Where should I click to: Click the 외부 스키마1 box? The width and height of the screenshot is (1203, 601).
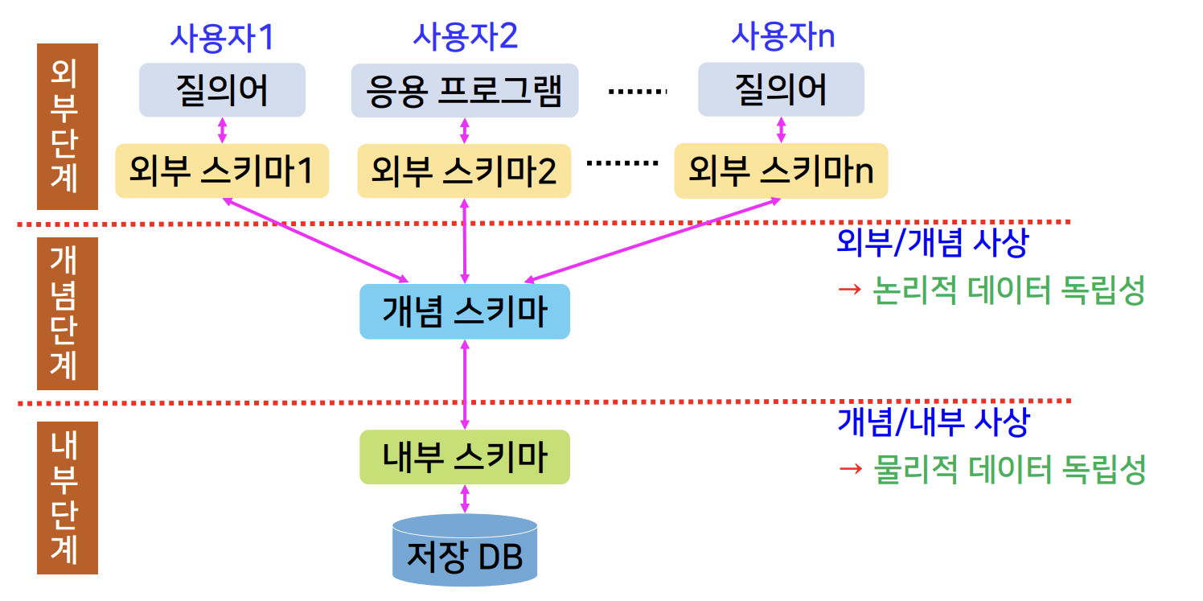point(222,171)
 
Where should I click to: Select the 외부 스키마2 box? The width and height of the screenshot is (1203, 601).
point(464,171)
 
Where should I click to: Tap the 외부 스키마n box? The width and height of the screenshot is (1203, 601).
point(781,171)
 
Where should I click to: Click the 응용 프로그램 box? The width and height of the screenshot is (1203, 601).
point(464,90)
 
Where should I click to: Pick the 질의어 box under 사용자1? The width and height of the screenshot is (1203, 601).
point(222,90)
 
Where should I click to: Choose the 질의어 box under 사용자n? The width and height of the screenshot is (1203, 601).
point(781,90)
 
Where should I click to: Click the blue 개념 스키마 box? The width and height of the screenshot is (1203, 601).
point(464,311)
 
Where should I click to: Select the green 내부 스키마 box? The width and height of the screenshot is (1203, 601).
point(464,457)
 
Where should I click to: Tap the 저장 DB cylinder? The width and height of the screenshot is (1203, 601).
point(464,551)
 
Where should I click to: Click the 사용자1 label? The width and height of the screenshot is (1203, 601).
point(222,37)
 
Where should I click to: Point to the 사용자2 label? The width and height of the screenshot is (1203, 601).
point(464,37)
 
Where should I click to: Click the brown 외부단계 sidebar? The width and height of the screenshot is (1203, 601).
point(67,126)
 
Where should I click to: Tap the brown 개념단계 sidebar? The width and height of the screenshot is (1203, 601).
point(67,313)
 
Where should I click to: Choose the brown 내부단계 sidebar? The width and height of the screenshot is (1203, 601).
point(67,497)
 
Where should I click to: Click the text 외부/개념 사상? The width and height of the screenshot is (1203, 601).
point(931,243)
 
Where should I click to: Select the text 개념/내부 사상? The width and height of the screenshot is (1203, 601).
point(932,422)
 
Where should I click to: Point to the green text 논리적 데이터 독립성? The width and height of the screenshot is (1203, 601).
point(1008,290)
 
